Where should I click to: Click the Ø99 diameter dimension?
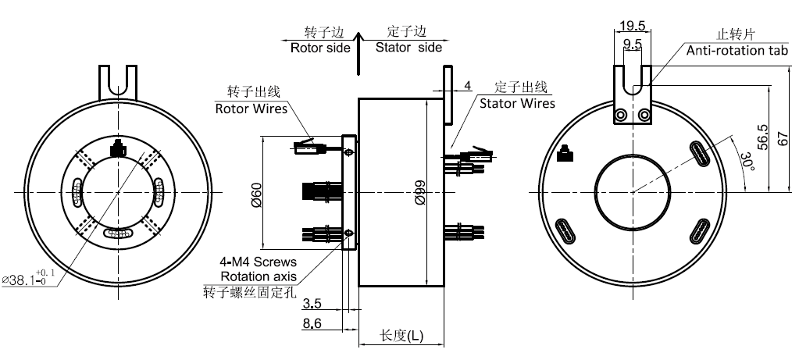click(420, 191)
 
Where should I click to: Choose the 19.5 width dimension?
click(632, 26)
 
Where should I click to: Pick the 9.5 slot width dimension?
click(633, 45)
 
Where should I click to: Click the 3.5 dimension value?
click(311, 302)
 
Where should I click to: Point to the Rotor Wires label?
click(251, 108)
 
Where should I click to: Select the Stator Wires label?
click(517, 103)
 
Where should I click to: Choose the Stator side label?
click(408, 47)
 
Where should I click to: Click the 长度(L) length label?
click(401, 336)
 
